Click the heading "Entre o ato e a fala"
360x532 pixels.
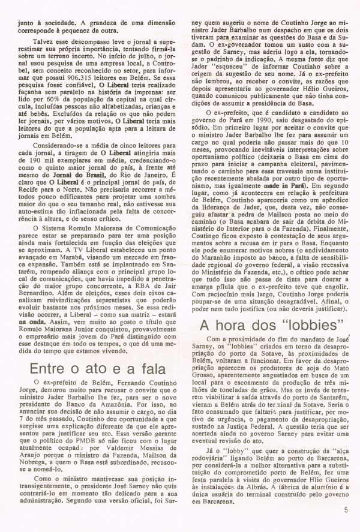pos(91,350)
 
